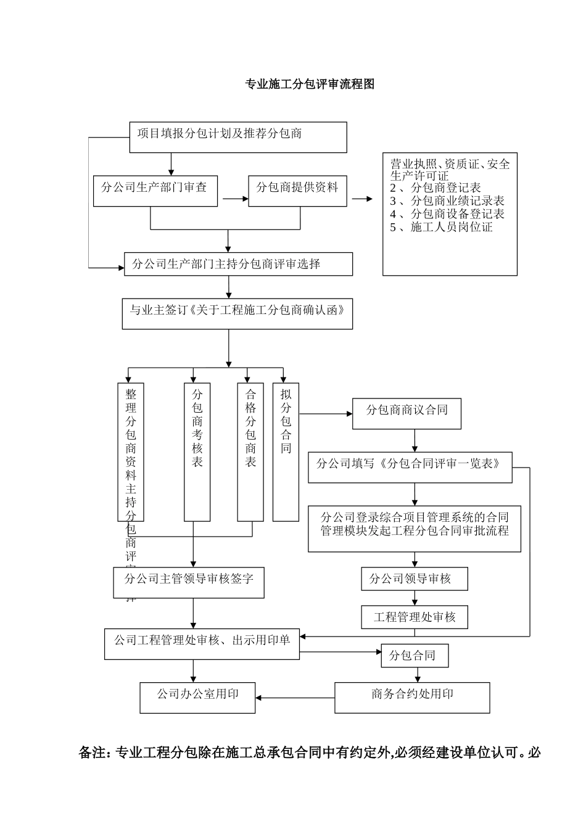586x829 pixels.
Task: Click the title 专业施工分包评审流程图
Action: pyautogui.click(x=310, y=85)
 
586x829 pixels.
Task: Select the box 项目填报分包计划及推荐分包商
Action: pyautogui.click(x=237, y=137)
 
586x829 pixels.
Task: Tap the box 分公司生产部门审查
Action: pyautogui.click(x=155, y=191)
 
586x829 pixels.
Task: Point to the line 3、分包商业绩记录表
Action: pyautogui.click(x=447, y=201)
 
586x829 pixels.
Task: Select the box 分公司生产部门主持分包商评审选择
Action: pyautogui.click(x=238, y=264)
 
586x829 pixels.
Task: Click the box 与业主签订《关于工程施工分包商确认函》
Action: pyautogui.click(x=237, y=314)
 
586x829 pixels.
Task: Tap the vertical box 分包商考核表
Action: pyautogui.click(x=197, y=452)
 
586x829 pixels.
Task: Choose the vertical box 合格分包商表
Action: pyautogui.click(x=250, y=452)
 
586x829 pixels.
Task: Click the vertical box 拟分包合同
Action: pyautogui.click(x=286, y=452)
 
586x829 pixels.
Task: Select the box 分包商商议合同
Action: pyautogui.click(x=406, y=413)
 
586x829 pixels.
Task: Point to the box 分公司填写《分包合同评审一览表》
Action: pyautogui.click(x=410, y=467)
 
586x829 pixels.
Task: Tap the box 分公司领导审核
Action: pyautogui.click(x=414, y=579)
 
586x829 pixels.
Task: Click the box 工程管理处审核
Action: pyautogui.click(x=414, y=617)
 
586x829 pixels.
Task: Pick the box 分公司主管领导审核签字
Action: pyautogui.click(x=189, y=582)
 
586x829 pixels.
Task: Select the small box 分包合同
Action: pyautogui.click(x=414, y=656)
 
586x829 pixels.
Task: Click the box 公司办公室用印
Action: pyautogui.click(x=197, y=698)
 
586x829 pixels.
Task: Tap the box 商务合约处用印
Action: pyautogui.click(x=412, y=698)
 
